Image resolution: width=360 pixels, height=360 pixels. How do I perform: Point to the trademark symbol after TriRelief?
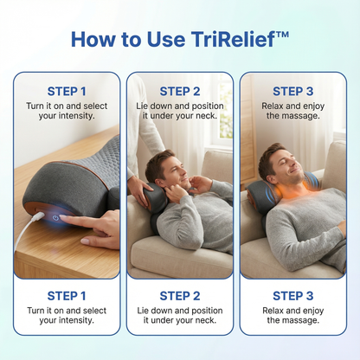pyautogui.click(x=284, y=34)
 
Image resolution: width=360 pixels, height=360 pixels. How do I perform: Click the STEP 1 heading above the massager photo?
pyautogui.click(x=67, y=91)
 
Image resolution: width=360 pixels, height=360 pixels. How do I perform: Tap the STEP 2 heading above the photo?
pyautogui.click(x=180, y=91)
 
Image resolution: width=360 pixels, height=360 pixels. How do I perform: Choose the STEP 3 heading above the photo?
pyautogui.click(x=292, y=91)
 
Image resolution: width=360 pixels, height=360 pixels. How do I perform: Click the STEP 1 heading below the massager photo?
pyautogui.click(x=67, y=295)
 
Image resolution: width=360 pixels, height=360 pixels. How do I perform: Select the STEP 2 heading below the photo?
pyautogui.click(x=180, y=295)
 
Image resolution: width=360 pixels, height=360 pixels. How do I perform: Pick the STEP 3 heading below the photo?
pyautogui.click(x=292, y=295)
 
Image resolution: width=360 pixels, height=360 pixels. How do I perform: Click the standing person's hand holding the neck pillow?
pyautogui.click(x=138, y=190)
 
